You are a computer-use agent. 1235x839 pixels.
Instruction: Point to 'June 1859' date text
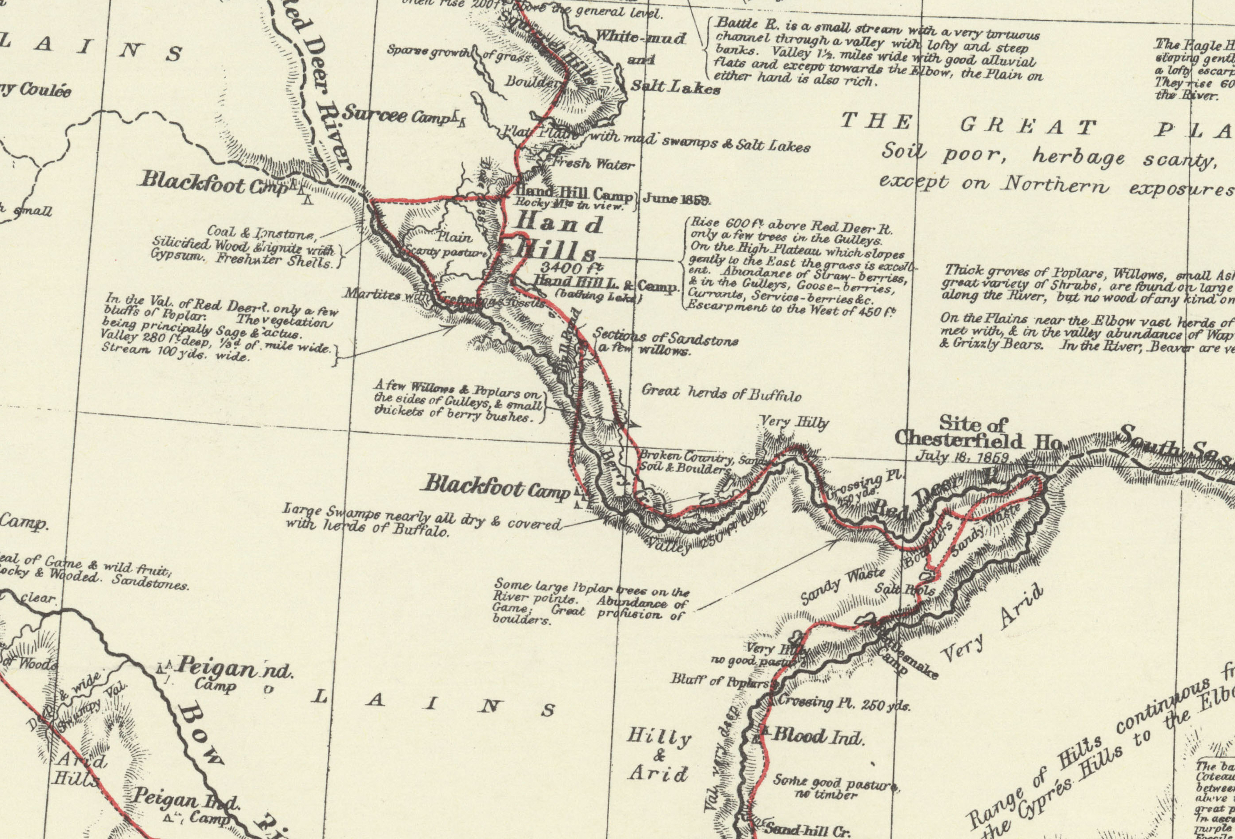click(676, 199)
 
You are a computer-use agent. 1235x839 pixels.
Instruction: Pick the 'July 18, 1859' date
click(962, 457)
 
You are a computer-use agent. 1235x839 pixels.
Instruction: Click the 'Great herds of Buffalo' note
click(721, 393)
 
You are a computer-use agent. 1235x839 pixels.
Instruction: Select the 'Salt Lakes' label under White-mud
click(675, 87)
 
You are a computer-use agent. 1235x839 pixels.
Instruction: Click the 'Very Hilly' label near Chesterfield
click(794, 423)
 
